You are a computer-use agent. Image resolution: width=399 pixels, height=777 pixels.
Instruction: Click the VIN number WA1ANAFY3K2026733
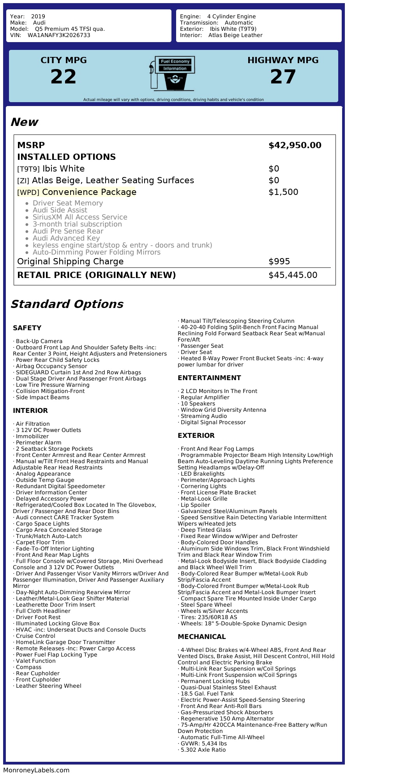[x=59, y=35]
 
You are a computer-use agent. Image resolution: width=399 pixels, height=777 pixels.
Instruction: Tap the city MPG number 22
[x=64, y=76]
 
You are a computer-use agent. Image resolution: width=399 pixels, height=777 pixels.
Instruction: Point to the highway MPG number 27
[x=283, y=76]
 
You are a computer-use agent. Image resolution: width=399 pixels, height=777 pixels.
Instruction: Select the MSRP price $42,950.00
[x=295, y=145]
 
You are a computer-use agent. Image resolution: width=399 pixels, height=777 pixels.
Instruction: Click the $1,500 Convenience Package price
[x=283, y=192]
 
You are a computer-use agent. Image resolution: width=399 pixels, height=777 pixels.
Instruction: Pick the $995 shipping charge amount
[x=279, y=262]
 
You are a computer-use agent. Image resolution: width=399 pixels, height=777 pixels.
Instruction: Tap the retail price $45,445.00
[x=293, y=275]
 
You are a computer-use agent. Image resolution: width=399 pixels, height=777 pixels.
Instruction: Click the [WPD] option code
[x=28, y=193]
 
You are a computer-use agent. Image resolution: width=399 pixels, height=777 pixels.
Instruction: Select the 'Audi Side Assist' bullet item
[x=60, y=210]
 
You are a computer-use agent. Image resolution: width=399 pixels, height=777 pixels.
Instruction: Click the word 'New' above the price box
[x=24, y=122]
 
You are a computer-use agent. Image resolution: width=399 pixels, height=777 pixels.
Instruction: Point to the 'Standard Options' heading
[x=67, y=304]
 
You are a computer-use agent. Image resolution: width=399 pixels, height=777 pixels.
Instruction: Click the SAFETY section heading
[x=27, y=328]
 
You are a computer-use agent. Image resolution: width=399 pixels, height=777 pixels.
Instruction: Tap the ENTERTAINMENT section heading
[x=209, y=378]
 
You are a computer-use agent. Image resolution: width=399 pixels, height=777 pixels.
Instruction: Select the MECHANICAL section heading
[x=201, y=637]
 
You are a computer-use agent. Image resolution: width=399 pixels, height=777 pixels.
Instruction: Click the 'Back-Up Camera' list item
[x=39, y=341]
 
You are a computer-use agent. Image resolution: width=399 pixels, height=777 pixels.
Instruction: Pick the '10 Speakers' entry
[x=198, y=404]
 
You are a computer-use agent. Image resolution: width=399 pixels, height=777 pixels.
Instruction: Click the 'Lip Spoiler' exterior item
[x=195, y=505]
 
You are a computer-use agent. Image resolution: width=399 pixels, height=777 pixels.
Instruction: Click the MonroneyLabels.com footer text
[x=36, y=770]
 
